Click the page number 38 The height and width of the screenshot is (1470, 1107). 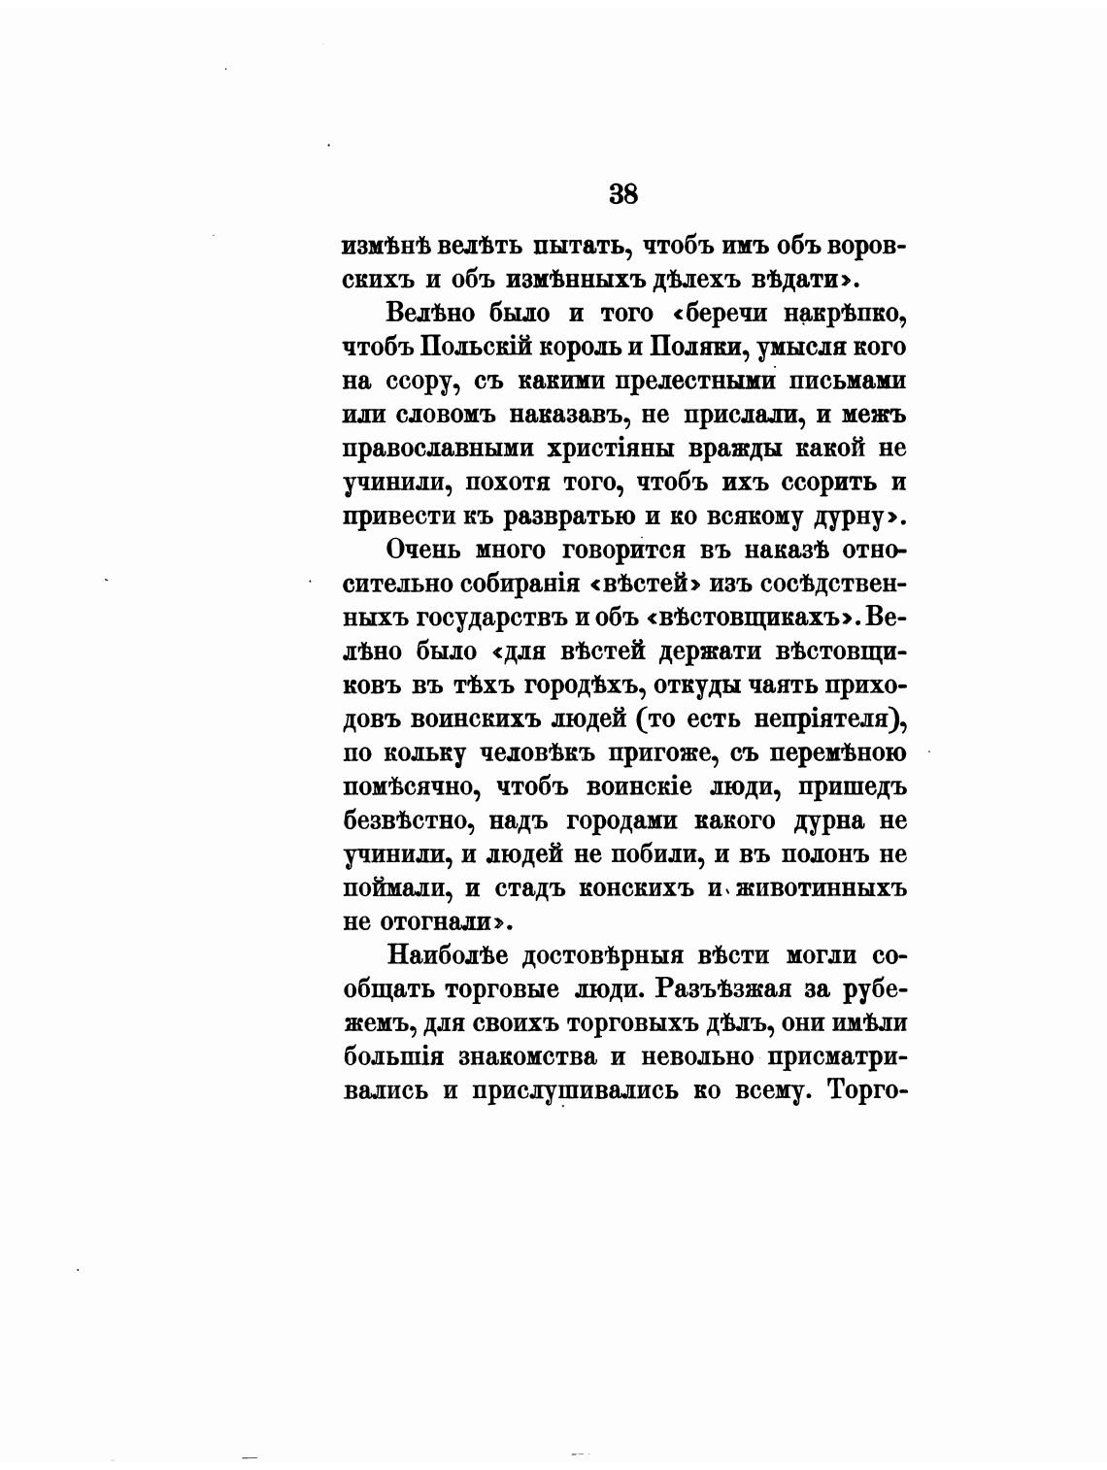(623, 193)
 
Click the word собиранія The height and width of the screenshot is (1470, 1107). (505, 584)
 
